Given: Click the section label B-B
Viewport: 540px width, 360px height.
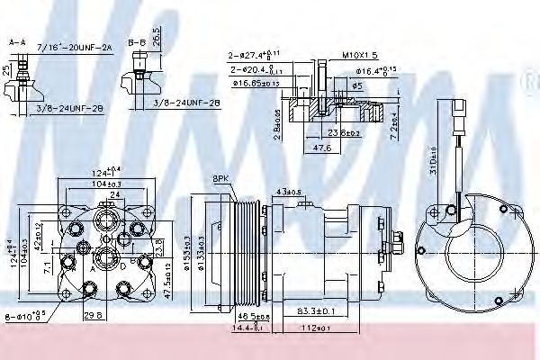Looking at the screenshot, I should (x=137, y=41).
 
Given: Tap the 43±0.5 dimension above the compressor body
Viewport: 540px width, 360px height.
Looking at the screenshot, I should (x=290, y=192).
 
